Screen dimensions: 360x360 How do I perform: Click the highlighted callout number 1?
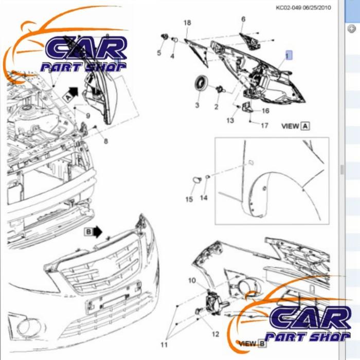[289, 56]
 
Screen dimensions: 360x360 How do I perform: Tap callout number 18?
[187, 23]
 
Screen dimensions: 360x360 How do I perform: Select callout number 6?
[243, 19]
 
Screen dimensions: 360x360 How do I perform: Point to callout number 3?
[197, 105]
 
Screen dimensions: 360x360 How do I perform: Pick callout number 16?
[265, 111]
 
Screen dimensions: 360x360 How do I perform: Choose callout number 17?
[264, 125]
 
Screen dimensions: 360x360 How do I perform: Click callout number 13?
[230, 120]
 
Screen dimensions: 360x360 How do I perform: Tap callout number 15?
[189, 200]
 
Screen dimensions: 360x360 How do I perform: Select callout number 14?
[204, 197]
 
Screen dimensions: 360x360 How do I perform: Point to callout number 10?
[192, 280]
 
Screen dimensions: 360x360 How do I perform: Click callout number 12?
[215, 334]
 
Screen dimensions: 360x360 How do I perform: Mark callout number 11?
[164, 345]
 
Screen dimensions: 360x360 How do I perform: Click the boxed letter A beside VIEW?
[305, 126]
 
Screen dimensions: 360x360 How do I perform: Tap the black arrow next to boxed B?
[98, 231]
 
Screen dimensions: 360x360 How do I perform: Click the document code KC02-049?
[289, 8]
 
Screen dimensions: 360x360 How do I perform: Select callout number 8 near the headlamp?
[105, 141]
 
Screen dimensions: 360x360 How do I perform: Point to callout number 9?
[88, 116]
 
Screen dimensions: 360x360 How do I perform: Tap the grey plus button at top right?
[352, 29]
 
